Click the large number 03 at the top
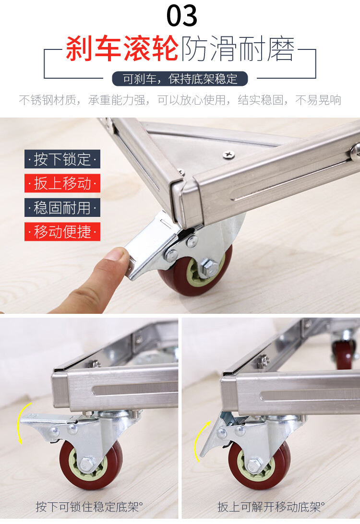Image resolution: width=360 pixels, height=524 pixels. tap(182, 16)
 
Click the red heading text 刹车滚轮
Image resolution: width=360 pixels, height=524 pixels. tap(122, 49)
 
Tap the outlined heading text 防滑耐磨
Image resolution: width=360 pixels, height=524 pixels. tap(238, 49)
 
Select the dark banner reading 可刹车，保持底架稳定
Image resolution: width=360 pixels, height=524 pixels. tap(180, 79)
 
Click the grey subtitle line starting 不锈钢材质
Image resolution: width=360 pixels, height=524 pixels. tap(180, 100)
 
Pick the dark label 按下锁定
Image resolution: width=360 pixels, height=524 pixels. tap(62, 159)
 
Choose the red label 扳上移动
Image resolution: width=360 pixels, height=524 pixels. tap(62, 183)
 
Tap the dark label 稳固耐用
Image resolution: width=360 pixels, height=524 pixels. tap(62, 207)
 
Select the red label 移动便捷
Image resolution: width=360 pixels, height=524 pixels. tap(62, 232)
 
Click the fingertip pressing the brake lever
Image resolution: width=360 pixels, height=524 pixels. tap(115, 257)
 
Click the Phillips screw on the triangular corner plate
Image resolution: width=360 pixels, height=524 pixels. tap(228, 155)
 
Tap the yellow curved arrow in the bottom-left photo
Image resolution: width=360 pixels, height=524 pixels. tap(19, 423)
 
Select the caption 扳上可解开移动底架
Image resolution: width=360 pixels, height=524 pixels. tap(271, 507)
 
